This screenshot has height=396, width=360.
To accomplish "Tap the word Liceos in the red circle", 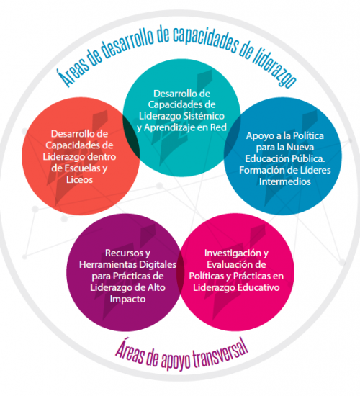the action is tap(79, 180).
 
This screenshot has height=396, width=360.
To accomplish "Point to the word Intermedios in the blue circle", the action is tap(284, 182).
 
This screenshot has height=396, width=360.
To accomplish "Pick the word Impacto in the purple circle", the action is tap(128, 300).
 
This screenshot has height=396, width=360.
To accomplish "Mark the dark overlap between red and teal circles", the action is tap(132, 137).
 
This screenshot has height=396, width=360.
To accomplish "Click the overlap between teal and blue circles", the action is tap(232, 137).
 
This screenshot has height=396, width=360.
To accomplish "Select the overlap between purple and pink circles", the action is tap(181, 273).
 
